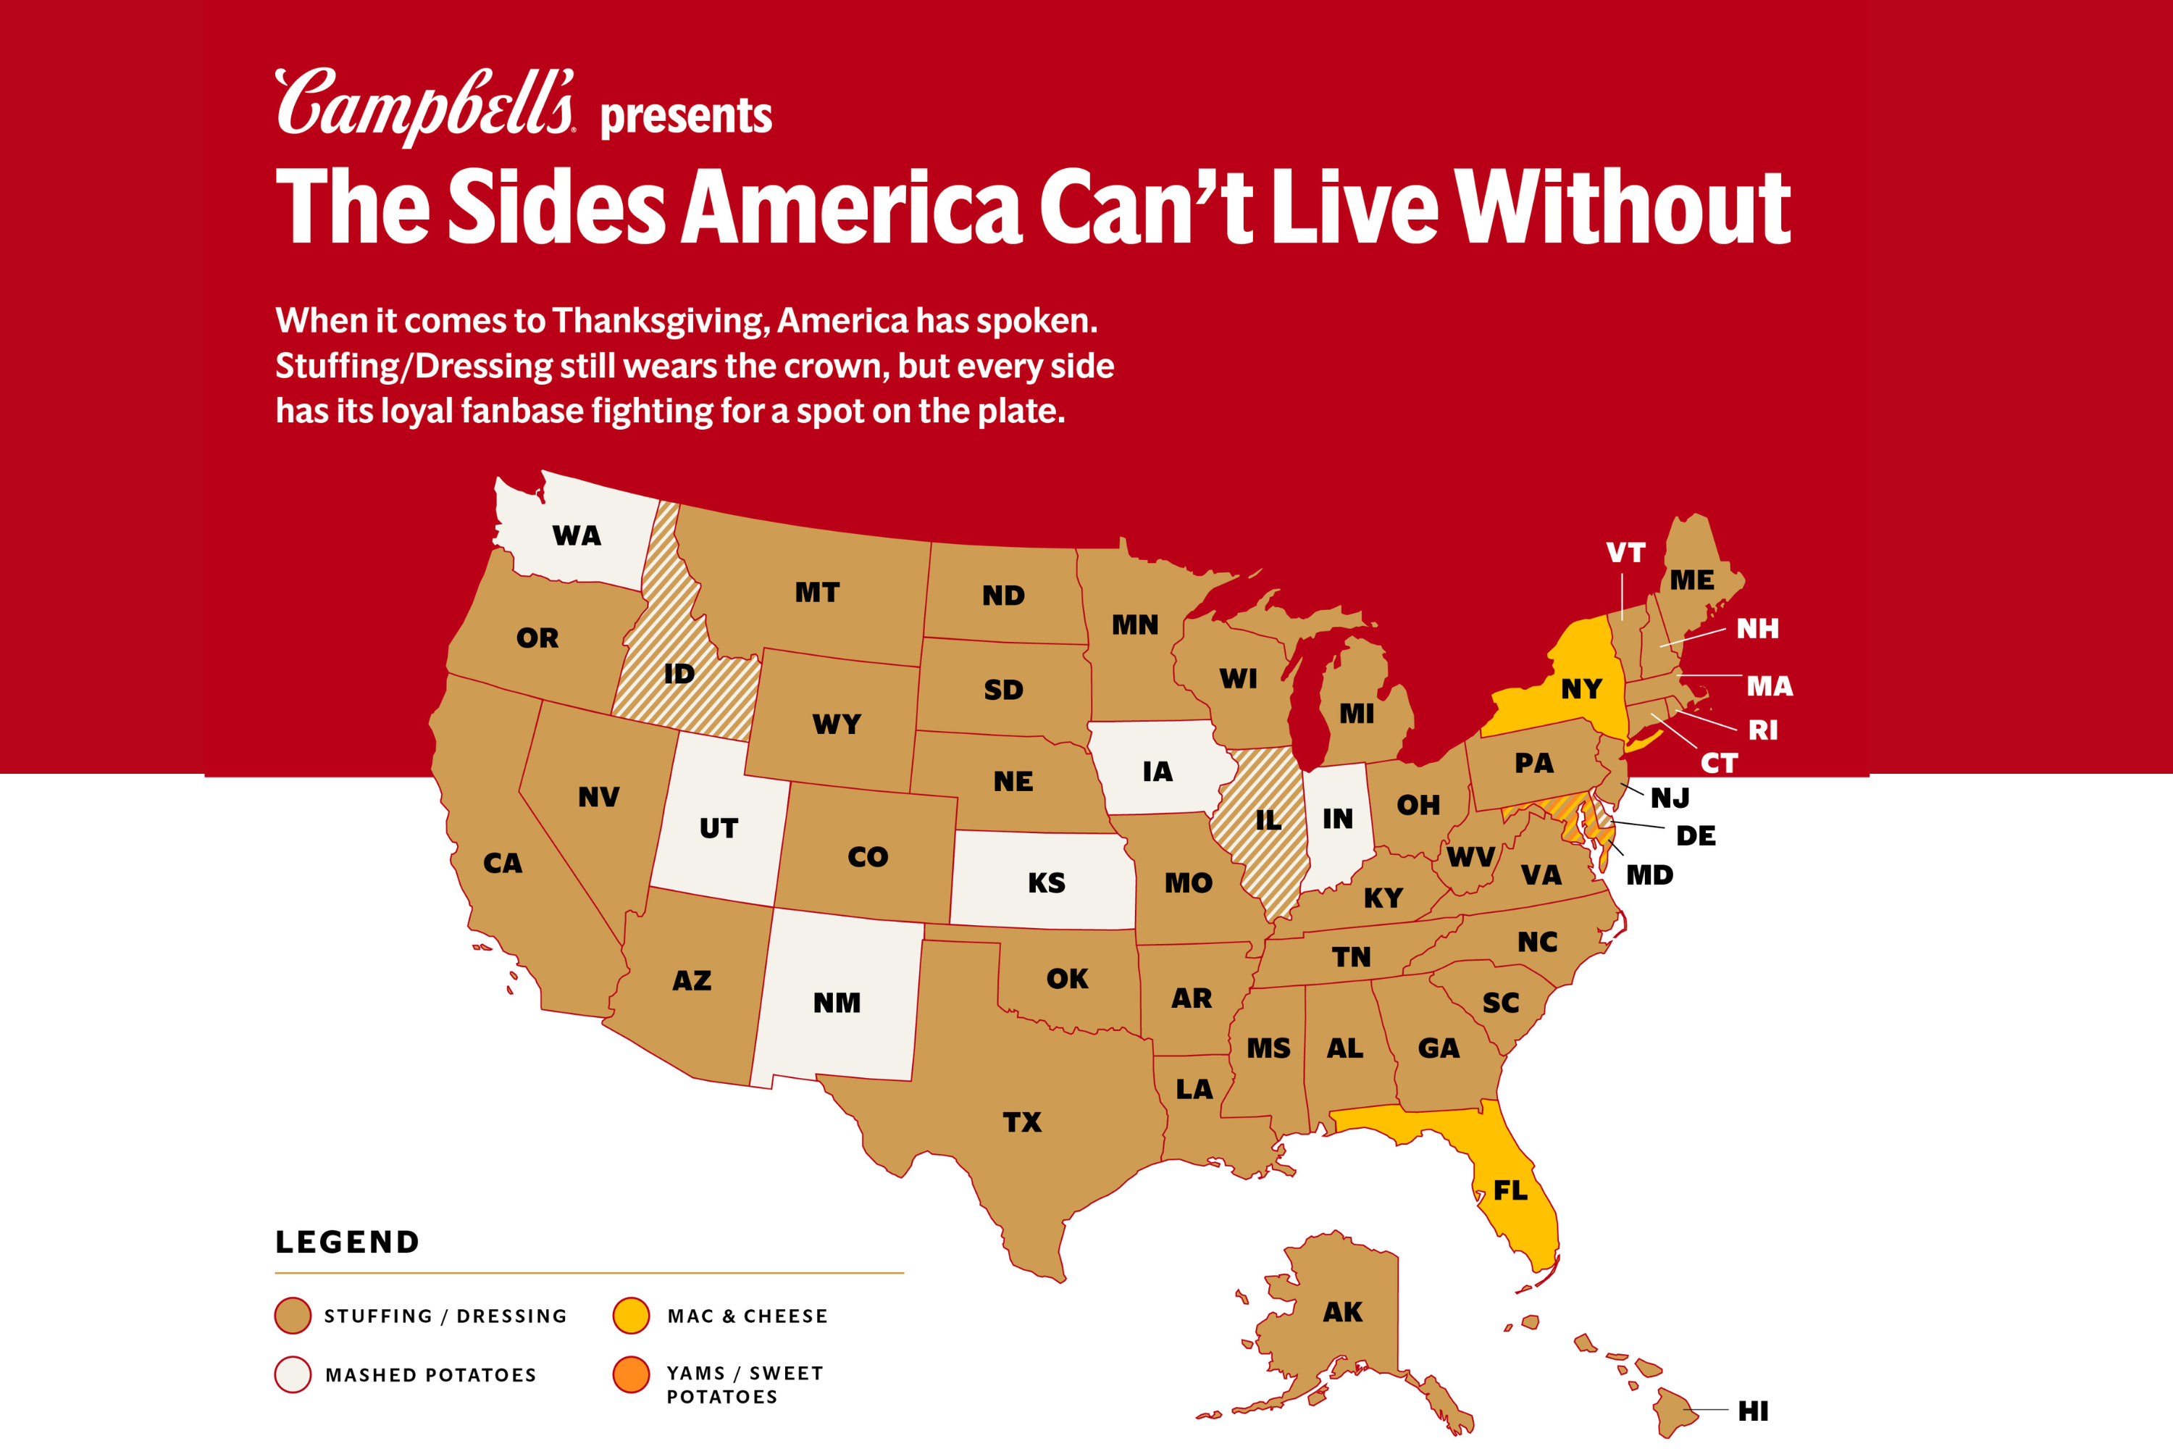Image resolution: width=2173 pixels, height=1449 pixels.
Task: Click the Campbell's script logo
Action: coord(425,105)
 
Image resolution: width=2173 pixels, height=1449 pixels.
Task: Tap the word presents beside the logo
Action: coord(685,117)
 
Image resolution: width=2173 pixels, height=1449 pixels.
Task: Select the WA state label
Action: coord(577,536)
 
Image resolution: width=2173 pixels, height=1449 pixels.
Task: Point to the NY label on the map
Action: coord(1580,690)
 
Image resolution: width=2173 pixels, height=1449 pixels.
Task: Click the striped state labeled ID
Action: coord(679,674)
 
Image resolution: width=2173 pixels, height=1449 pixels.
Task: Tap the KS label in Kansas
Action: coord(1047,883)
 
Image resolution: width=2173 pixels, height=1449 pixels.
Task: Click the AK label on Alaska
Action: coord(1342,1312)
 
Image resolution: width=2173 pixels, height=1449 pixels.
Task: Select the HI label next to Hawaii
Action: coord(1753,1411)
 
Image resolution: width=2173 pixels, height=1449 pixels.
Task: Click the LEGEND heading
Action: coord(348,1242)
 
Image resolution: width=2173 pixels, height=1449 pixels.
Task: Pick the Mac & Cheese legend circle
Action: coord(631,1316)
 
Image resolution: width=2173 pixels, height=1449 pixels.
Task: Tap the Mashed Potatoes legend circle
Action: coord(293,1374)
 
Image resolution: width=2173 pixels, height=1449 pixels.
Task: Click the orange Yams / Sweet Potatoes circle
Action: coord(631,1374)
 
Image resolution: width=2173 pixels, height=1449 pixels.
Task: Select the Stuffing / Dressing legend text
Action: coord(445,1316)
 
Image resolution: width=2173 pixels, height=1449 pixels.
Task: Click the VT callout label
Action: coord(1625,553)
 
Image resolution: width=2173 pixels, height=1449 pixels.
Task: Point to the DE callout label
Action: coord(1696,835)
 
